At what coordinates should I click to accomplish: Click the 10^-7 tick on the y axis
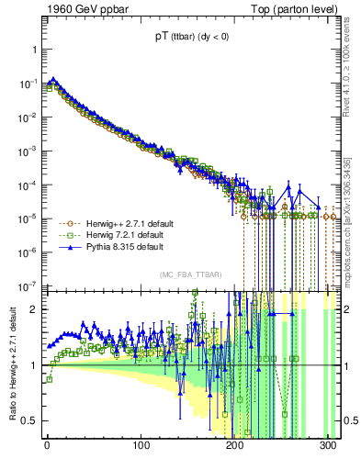click(x=28, y=285)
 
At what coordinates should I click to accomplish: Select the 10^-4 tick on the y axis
click(x=28, y=185)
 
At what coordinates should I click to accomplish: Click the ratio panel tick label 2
click(x=34, y=309)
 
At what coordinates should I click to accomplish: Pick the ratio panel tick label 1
click(x=34, y=365)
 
